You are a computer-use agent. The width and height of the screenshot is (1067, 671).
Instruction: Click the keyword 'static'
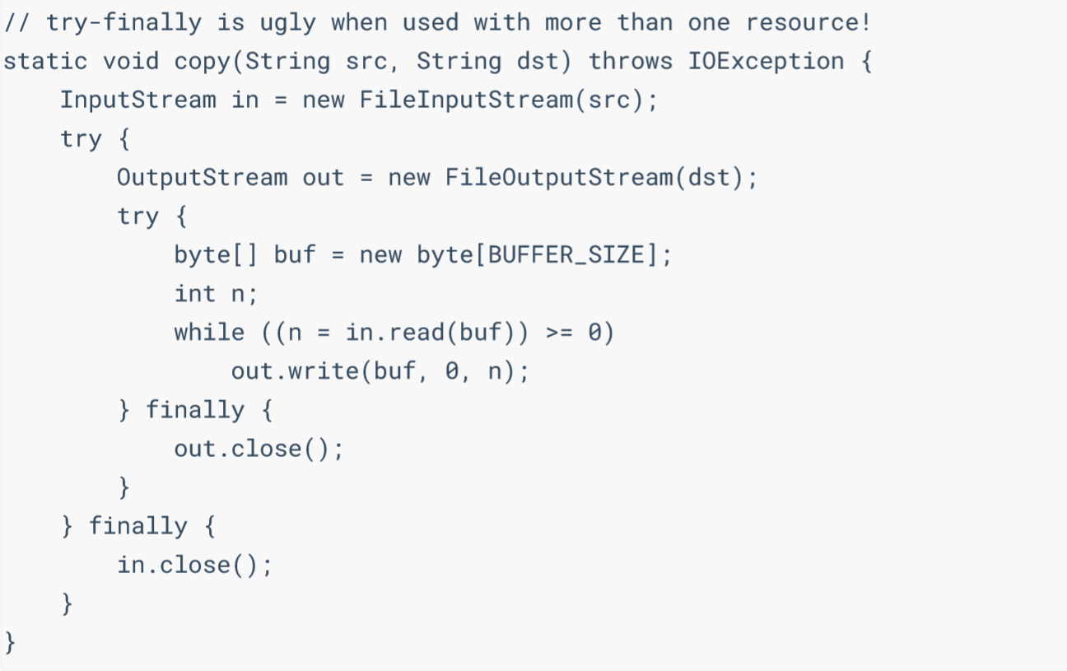[46, 62]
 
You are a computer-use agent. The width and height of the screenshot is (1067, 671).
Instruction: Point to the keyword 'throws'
[631, 62]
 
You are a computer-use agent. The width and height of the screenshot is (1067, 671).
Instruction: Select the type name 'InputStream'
[137, 100]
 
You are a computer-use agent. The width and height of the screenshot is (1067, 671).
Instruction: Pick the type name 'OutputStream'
[203, 178]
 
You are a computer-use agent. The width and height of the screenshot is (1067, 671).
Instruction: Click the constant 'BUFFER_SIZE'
[566, 255]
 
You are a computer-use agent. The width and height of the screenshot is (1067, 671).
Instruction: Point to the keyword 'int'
[194, 294]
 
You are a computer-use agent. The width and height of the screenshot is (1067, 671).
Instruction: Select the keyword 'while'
[209, 333]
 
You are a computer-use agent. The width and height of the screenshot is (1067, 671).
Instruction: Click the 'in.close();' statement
[194, 565]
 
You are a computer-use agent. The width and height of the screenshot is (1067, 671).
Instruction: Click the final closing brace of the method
[10, 642]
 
